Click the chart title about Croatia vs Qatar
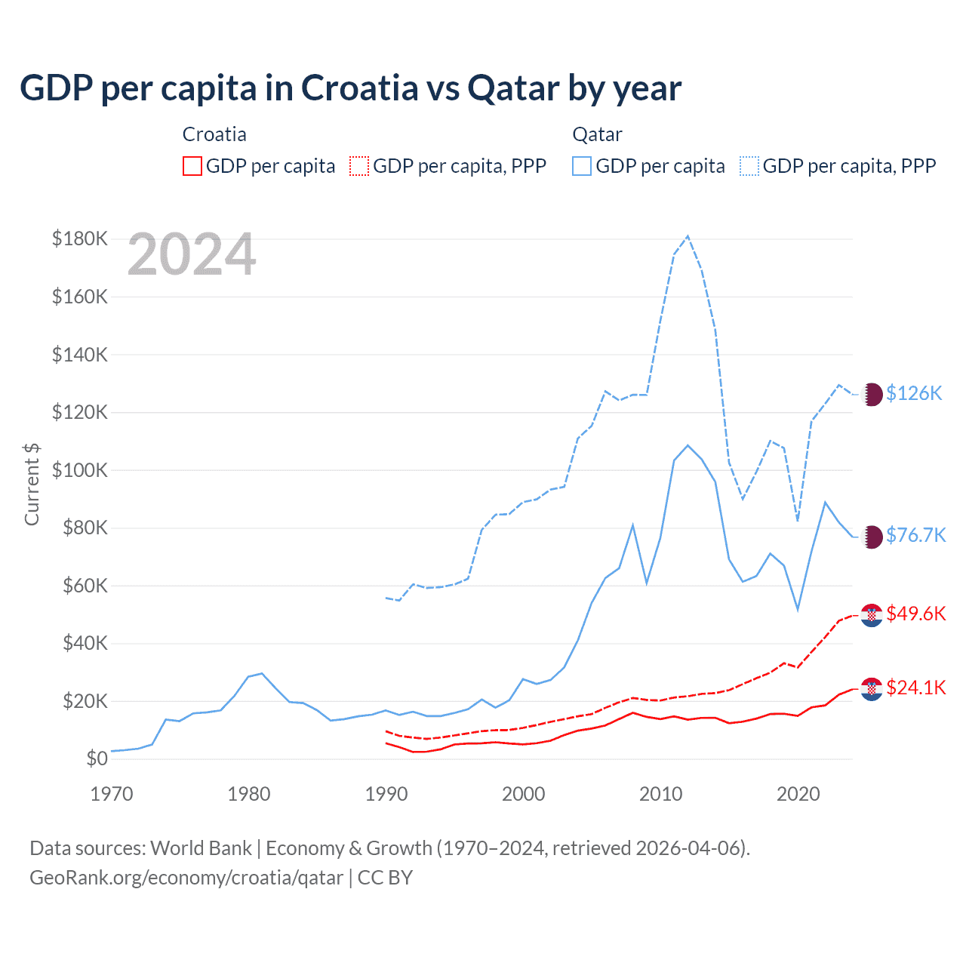point(350,88)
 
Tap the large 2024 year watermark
point(192,254)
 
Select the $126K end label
point(914,393)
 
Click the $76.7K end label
point(915,535)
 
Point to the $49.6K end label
point(915,614)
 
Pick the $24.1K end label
point(915,688)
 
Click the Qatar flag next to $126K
point(872,394)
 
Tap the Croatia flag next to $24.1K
point(872,688)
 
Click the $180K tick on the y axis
point(80,239)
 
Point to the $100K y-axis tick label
point(80,470)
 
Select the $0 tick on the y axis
point(97,759)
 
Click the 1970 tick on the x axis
point(112,794)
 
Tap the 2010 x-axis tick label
point(661,794)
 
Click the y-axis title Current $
point(32,484)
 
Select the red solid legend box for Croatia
point(192,166)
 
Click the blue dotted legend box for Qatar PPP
point(749,166)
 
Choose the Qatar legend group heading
point(597,134)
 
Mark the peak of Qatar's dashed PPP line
point(688,236)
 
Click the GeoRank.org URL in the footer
point(186,878)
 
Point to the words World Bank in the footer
point(201,848)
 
